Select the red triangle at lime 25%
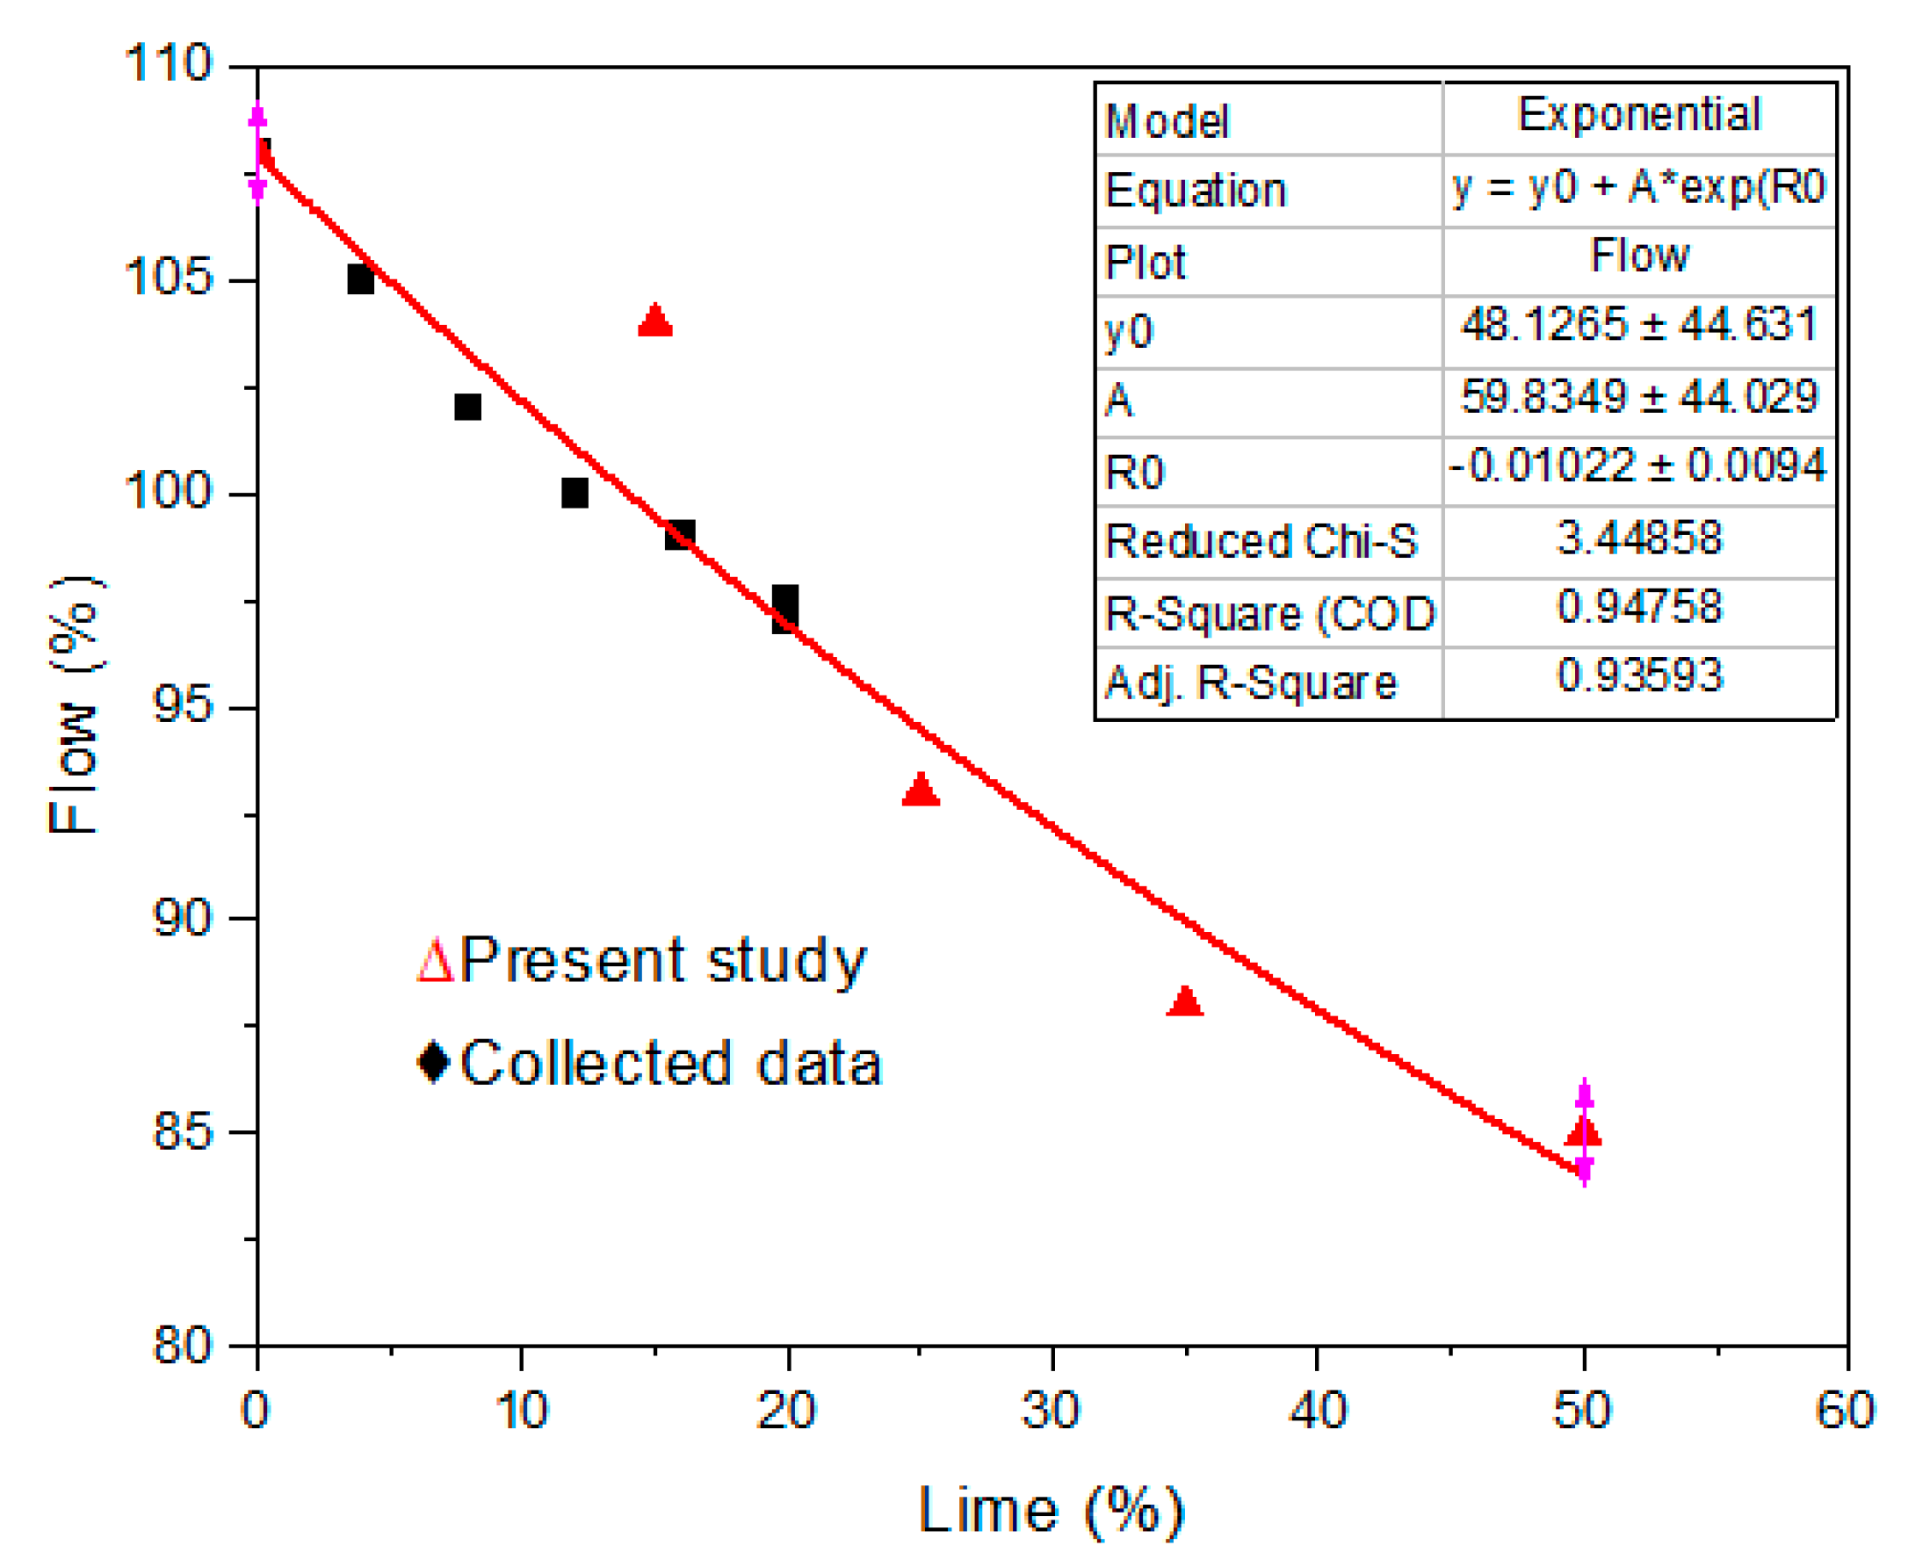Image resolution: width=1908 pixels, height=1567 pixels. pos(921,791)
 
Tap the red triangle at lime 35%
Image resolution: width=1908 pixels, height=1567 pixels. pos(1185,1002)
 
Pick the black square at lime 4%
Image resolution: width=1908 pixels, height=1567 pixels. pos(361,280)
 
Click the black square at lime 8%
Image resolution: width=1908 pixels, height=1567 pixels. pos(467,407)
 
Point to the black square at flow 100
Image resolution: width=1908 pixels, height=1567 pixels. pos(575,494)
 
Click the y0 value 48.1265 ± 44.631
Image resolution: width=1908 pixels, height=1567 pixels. pos(1638,324)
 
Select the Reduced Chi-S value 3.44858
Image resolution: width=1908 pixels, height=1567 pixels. pos(1638,538)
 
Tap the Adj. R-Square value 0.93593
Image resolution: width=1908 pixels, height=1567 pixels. pos(1638,675)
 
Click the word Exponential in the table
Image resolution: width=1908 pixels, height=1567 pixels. pos(1638,115)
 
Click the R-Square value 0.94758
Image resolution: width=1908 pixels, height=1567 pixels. pos(1638,607)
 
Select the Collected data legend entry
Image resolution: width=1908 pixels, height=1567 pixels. pos(650,1064)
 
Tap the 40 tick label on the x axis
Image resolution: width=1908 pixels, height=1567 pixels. pos(1317,1410)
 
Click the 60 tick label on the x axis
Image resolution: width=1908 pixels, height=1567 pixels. pos(1845,1410)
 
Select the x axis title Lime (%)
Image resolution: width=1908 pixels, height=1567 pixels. pos(1051,1510)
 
